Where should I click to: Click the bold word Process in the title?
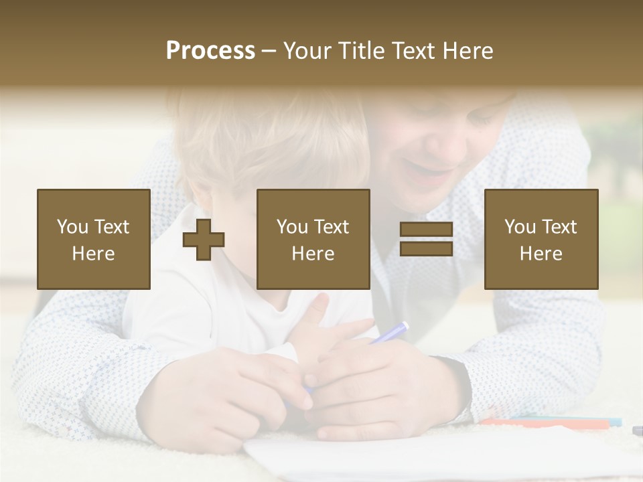(x=210, y=51)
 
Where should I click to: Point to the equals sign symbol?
(x=426, y=239)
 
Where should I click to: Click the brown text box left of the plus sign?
(x=93, y=239)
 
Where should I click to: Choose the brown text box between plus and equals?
(x=313, y=239)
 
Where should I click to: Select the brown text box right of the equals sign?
(x=541, y=239)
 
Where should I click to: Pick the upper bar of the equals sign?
(x=426, y=230)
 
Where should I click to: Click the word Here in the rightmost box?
(x=541, y=253)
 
